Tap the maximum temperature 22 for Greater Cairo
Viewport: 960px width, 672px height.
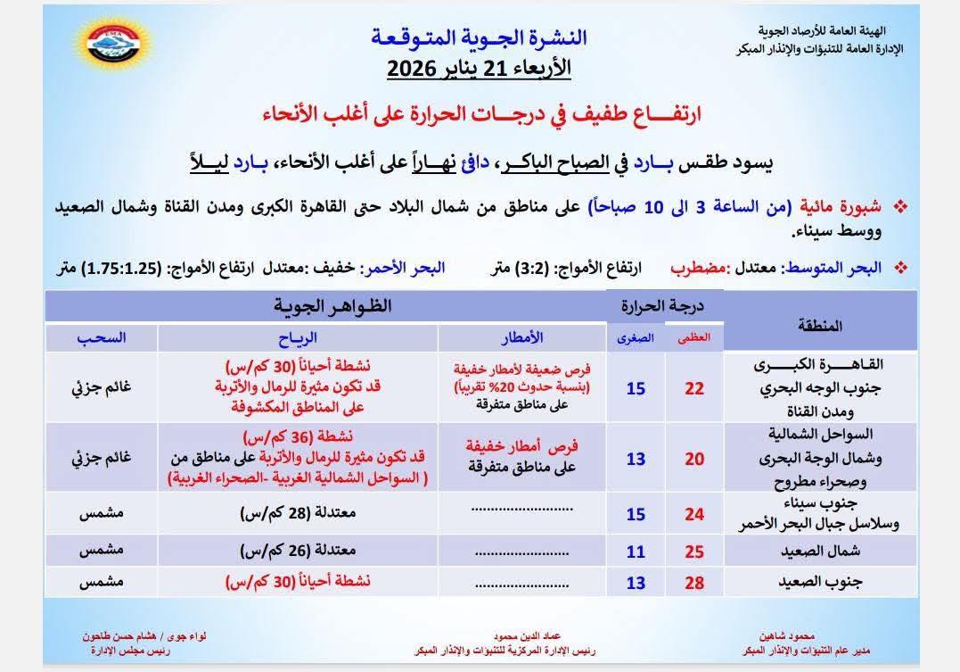coord(694,389)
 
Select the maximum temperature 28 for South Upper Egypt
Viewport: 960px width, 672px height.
coord(694,583)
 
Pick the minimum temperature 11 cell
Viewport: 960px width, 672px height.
coord(636,552)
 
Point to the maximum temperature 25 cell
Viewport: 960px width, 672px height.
coord(694,552)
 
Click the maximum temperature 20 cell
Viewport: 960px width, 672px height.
coord(694,459)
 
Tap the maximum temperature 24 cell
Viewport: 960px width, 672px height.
coord(694,514)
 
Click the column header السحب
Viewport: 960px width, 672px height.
coord(101,337)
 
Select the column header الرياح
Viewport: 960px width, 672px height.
coord(298,337)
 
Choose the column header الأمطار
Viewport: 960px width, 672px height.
coord(522,337)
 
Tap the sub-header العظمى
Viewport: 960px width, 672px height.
coord(695,337)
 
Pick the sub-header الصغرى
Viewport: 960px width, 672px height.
coord(636,337)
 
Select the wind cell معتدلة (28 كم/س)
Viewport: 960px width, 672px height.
coord(298,514)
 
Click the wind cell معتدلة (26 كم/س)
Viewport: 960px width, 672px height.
coord(298,552)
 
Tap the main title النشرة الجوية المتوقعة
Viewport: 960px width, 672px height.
coord(478,37)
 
